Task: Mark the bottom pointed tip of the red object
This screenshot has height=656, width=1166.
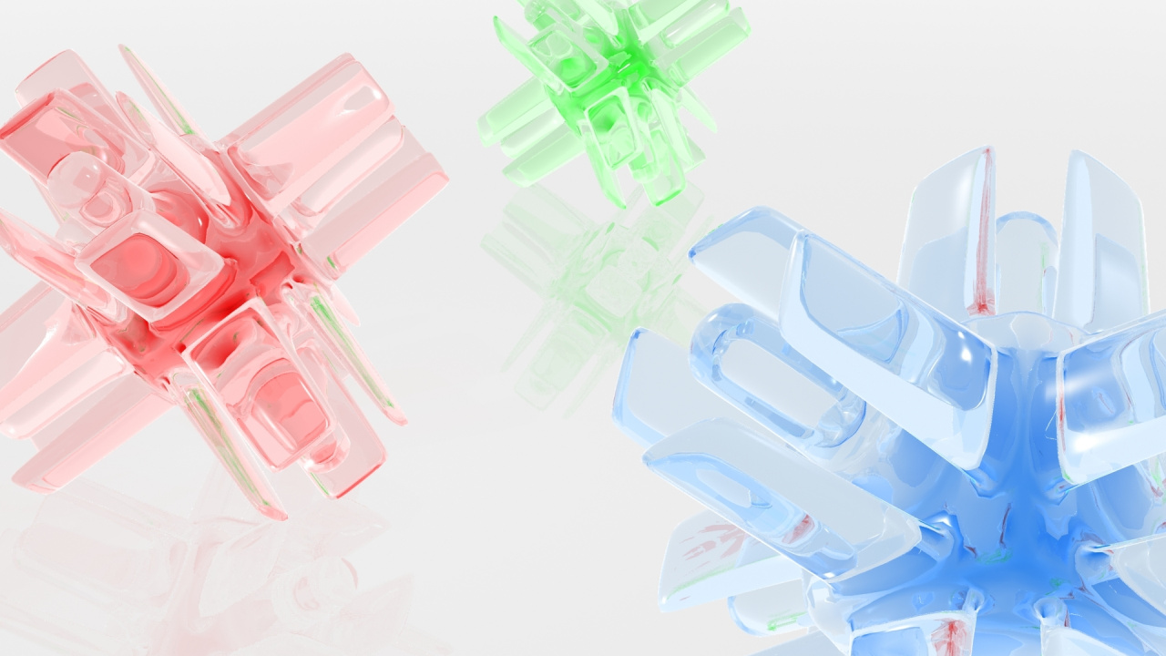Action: [279, 514]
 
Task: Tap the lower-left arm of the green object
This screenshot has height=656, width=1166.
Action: [519, 137]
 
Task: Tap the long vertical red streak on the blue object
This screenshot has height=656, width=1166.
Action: [982, 237]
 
